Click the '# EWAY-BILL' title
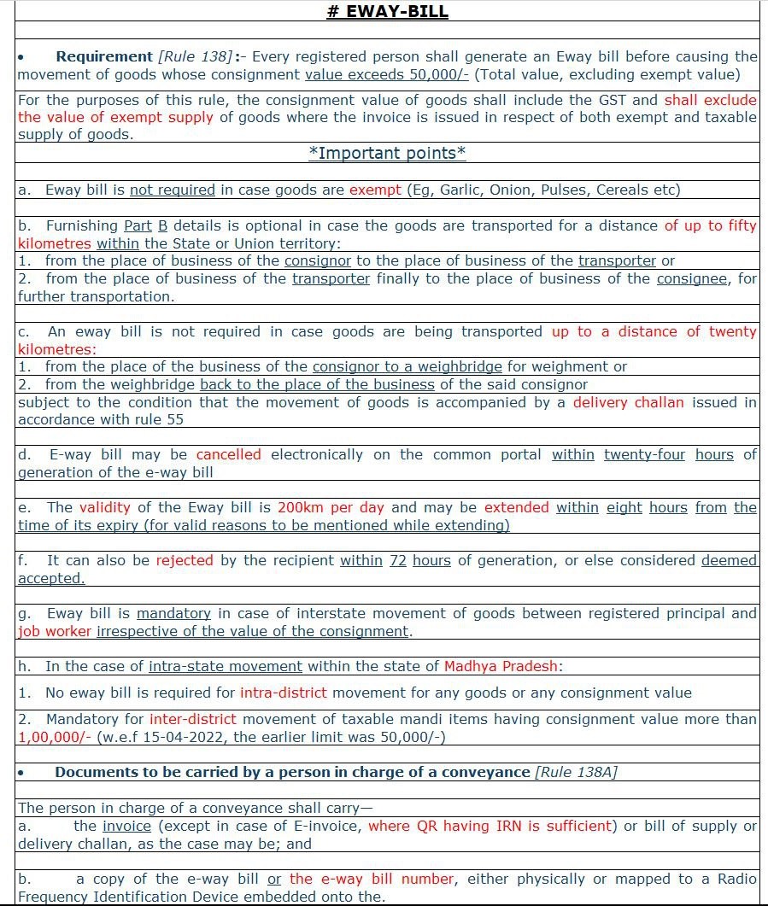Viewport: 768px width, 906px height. [x=387, y=11]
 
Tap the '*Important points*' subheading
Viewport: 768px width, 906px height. [x=387, y=154]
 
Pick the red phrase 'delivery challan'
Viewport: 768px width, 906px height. [x=628, y=402]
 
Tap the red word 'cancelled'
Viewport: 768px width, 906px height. [x=228, y=454]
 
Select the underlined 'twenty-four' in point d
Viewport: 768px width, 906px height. [x=644, y=454]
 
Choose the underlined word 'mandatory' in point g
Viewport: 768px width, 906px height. [x=173, y=613]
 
